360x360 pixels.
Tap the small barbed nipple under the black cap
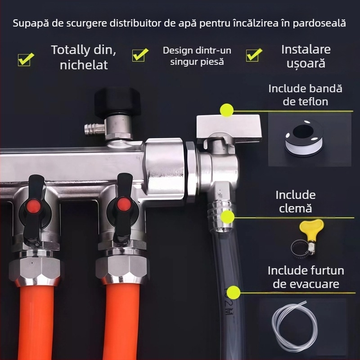[x=94, y=127]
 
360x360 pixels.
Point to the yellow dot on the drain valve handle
[x=227, y=110]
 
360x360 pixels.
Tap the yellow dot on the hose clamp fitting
[x=227, y=217]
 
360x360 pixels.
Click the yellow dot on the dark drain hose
[x=233, y=292]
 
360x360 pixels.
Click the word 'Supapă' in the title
[x=31, y=23]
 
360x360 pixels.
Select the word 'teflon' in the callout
[x=305, y=102]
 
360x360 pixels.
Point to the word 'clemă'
[x=295, y=208]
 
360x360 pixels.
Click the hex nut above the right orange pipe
[x=122, y=267]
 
